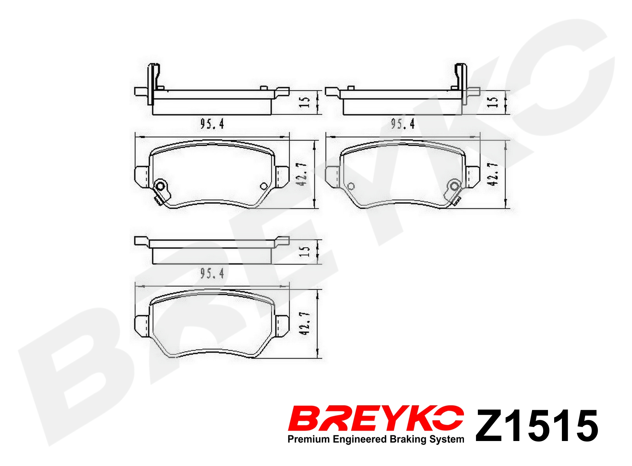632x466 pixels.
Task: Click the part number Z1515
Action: (x=537, y=426)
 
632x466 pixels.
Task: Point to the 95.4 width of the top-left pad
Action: (x=212, y=124)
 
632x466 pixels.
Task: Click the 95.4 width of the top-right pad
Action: (x=403, y=124)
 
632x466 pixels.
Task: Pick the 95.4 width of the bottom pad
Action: (x=212, y=274)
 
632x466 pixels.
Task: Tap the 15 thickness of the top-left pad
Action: (x=304, y=102)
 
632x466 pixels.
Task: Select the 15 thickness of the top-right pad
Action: (x=492, y=102)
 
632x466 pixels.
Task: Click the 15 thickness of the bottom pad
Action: (x=304, y=251)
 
